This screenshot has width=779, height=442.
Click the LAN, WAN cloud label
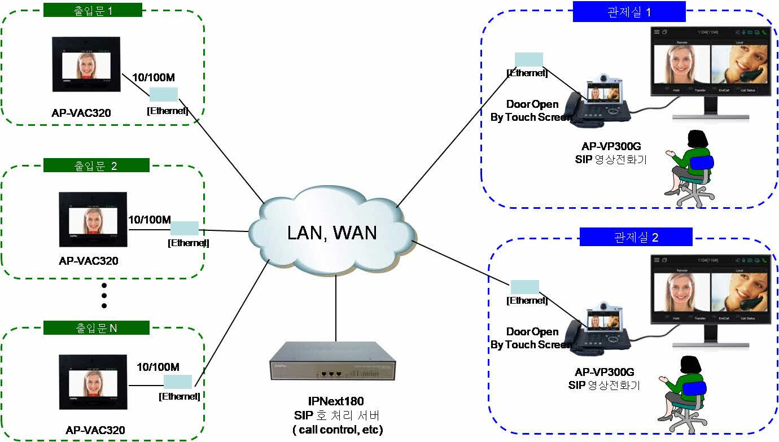(332, 232)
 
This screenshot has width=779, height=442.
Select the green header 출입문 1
(93, 10)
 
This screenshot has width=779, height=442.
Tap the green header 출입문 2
(96, 165)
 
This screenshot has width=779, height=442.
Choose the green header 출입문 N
(96, 327)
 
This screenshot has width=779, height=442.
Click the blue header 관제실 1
(629, 11)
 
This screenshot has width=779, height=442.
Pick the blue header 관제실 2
(636, 237)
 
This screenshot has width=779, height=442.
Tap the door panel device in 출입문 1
(86, 64)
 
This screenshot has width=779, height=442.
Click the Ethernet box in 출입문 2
(184, 228)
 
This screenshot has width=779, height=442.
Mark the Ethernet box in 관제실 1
(528, 59)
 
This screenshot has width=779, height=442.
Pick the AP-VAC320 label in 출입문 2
(89, 261)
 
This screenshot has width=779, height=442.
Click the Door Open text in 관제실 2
(532, 332)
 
